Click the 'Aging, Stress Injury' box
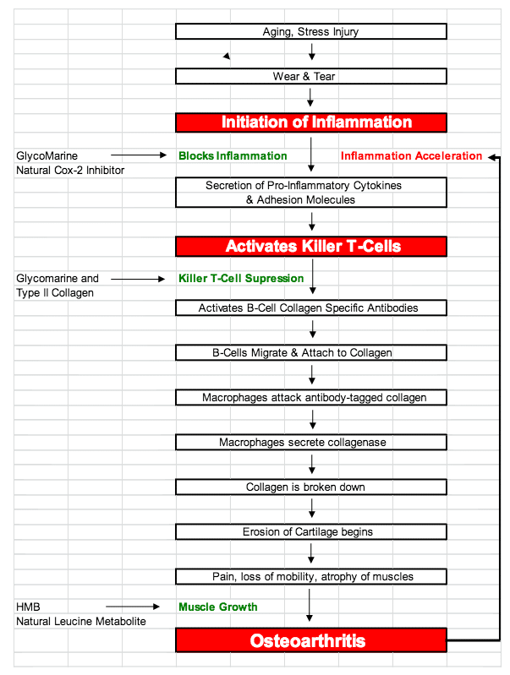[x=311, y=31]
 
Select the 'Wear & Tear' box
[x=311, y=76]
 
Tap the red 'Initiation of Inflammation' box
[x=311, y=122]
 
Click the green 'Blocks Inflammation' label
[x=233, y=155]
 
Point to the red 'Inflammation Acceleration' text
[x=411, y=155]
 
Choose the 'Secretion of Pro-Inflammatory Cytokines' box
[x=311, y=193]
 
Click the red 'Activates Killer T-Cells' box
[x=311, y=246]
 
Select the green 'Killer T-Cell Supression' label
[x=241, y=279]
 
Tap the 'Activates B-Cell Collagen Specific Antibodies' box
[x=311, y=308]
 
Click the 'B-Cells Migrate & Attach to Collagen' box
[x=311, y=352]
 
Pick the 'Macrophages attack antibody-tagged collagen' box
[x=311, y=397]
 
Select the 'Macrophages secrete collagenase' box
[x=311, y=442]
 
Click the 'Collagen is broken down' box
[x=311, y=487]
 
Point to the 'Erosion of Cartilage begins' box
[x=311, y=531]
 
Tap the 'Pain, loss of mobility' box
[x=311, y=576]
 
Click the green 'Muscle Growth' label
[x=217, y=607]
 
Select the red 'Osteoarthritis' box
[x=311, y=640]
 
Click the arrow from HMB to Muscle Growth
[x=133, y=607]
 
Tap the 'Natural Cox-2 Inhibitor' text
[x=70, y=171]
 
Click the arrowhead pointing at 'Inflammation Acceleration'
[x=491, y=157]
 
